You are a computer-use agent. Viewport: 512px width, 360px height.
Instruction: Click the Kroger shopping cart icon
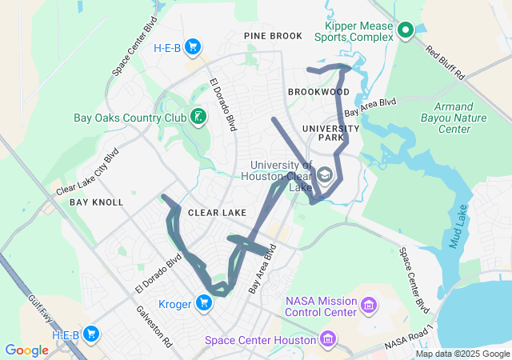[205, 302]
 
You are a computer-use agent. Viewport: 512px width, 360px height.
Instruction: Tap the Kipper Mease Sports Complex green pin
[406, 31]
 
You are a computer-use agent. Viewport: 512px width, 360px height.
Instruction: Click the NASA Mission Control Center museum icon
[368, 305]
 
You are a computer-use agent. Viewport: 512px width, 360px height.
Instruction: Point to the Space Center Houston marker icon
[327, 340]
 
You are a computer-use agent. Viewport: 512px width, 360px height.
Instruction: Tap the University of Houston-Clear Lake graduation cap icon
[325, 174]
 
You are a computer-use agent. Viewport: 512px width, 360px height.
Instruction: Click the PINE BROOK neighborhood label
[274, 36]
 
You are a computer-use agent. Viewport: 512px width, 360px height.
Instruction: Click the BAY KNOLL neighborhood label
[97, 202]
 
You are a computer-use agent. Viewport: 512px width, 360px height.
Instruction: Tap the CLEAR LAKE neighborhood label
[218, 214]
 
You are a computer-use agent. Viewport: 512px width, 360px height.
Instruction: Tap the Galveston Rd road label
[154, 326]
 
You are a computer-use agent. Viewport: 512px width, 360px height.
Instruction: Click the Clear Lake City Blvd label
[87, 172]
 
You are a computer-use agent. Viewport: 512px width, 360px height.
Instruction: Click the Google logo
[26, 350]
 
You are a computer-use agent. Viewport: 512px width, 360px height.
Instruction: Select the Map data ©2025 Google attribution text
[462, 354]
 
